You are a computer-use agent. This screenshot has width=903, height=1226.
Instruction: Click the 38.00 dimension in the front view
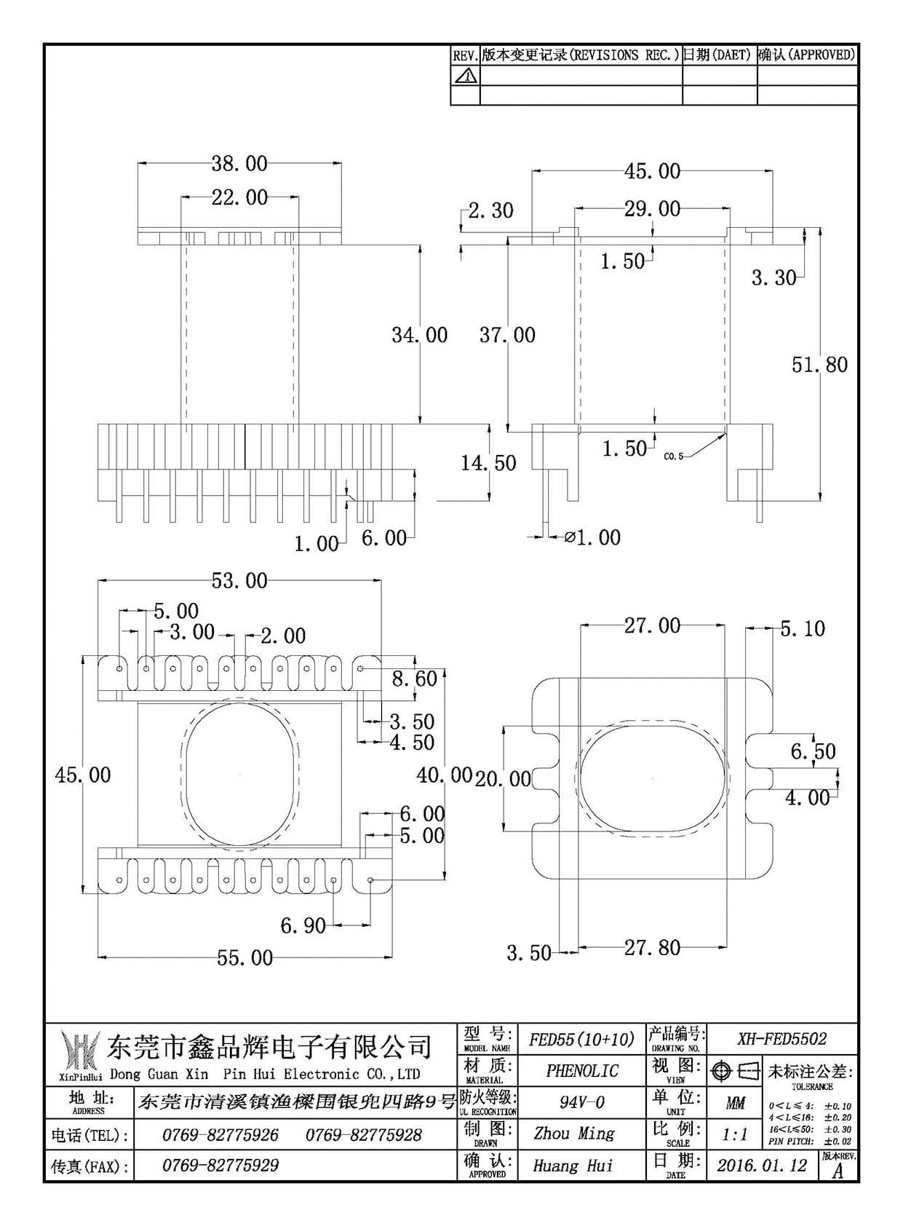(239, 163)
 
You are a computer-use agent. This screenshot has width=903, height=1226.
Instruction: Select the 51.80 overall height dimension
(819, 365)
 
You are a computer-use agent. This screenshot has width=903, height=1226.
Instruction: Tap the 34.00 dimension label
(420, 335)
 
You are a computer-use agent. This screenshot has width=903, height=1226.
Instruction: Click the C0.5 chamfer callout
(673, 456)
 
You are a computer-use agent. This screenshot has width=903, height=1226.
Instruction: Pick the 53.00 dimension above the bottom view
(239, 580)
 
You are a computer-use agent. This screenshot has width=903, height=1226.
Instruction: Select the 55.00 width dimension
(244, 958)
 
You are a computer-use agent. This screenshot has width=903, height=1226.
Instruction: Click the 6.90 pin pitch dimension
(303, 925)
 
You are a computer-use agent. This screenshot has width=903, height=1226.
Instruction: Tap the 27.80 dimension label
(653, 947)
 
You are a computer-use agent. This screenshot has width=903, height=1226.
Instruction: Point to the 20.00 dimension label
(503, 778)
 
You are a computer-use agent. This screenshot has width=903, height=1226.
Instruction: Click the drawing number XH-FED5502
(782, 1038)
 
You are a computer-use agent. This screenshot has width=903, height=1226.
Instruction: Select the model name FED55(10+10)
(581, 1038)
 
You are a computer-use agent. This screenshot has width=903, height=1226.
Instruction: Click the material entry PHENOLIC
(582, 1070)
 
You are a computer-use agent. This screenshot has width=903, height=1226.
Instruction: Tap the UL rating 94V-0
(582, 1102)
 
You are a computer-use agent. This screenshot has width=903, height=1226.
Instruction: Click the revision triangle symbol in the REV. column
(465, 76)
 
